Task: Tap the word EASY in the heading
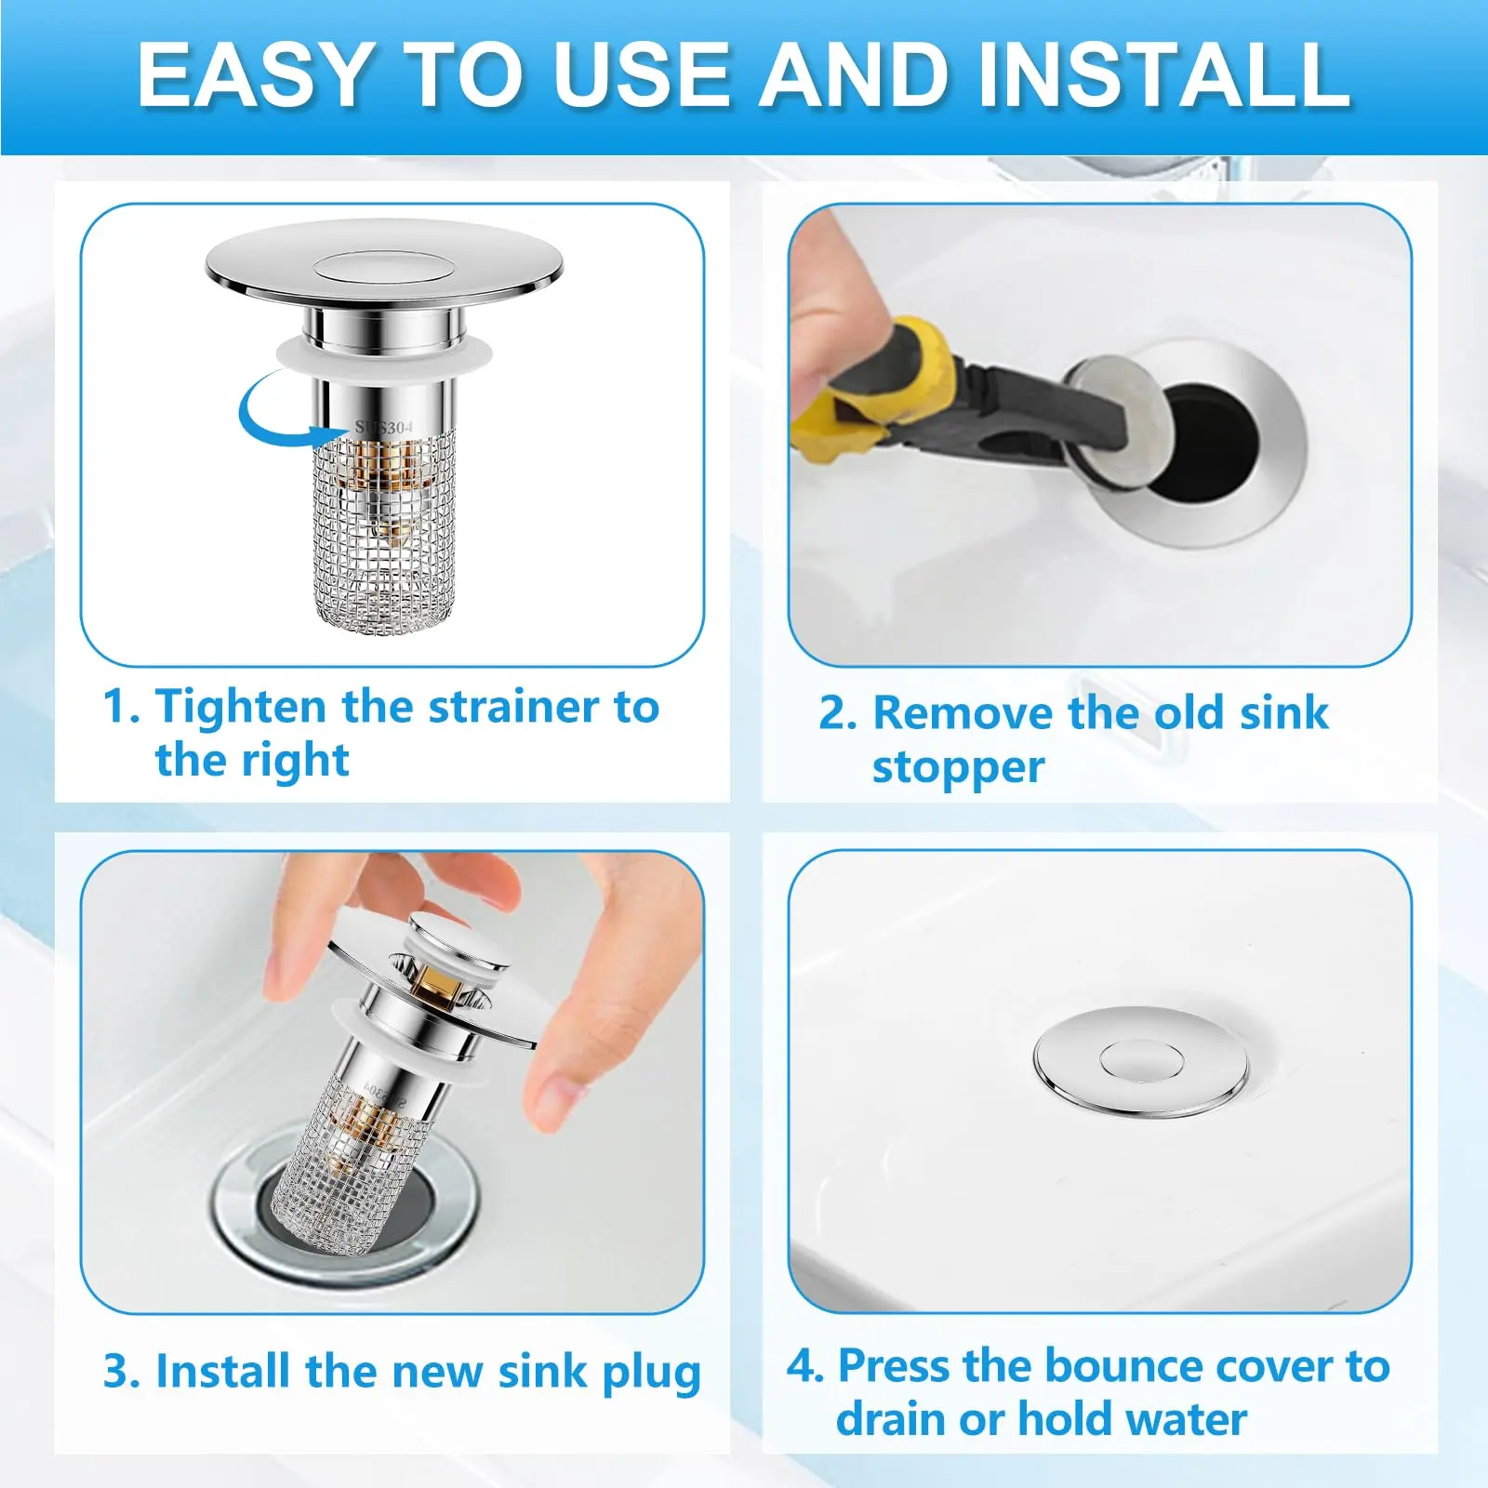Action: (x=253, y=75)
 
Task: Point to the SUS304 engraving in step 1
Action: (x=383, y=427)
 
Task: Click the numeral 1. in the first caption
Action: (x=121, y=707)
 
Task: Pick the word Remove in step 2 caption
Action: (x=963, y=713)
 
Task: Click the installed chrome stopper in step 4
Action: (x=1140, y=1060)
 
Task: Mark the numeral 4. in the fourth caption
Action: (x=805, y=1366)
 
